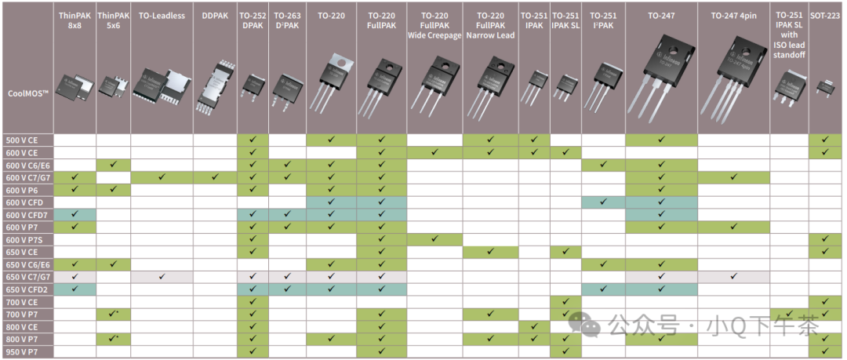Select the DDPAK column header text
pyautogui.click(x=215, y=16)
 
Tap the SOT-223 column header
pyautogui.click(x=825, y=16)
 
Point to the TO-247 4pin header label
pyautogui.click(x=732, y=16)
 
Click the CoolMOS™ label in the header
pyautogui.click(x=28, y=93)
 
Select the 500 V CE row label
pyautogui.click(x=23, y=140)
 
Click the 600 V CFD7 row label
pyautogui.click(x=26, y=215)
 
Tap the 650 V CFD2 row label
pyautogui.click(x=26, y=289)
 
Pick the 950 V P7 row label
pyautogui.click(x=23, y=351)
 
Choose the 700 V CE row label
pyautogui.click(x=23, y=301)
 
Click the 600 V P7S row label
pyautogui.click(x=24, y=239)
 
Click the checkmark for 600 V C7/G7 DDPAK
pyautogui.click(x=215, y=177)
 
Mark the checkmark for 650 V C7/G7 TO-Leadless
pyautogui.click(x=162, y=276)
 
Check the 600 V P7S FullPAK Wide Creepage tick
pyautogui.click(x=434, y=239)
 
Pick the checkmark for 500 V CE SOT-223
pyautogui.click(x=824, y=140)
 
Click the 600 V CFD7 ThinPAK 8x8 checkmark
pyautogui.click(x=75, y=214)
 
